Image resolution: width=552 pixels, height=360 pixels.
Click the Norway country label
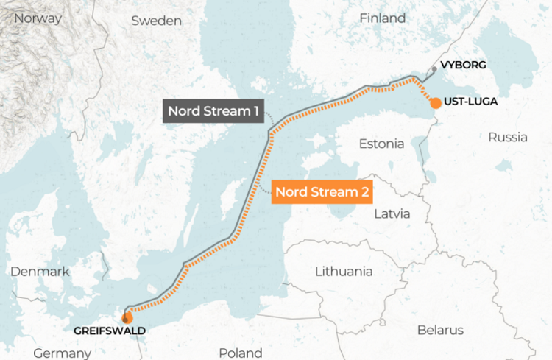(x=38, y=18)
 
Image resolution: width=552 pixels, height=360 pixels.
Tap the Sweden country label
(x=156, y=21)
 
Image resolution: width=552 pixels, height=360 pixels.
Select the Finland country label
(x=382, y=18)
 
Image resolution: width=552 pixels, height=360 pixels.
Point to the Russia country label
(x=507, y=137)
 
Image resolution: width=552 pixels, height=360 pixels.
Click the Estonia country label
(x=381, y=144)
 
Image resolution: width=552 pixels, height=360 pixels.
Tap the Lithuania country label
(x=344, y=271)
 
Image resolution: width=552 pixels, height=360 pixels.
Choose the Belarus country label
(x=440, y=330)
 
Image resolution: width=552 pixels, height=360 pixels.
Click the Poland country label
(x=240, y=353)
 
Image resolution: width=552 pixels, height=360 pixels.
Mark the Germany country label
(x=62, y=353)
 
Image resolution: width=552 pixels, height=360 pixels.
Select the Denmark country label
(x=40, y=272)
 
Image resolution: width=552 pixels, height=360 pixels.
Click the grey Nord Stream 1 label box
(x=213, y=112)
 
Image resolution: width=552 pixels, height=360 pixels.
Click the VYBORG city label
(x=464, y=65)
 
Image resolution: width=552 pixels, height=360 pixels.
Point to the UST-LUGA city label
(x=471, y=102)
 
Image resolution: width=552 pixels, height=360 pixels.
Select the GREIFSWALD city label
(x=110, y=331)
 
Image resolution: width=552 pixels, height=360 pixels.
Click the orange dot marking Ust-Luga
(x=435, y=102)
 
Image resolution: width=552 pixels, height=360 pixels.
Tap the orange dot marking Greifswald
(x=127, y=318)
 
